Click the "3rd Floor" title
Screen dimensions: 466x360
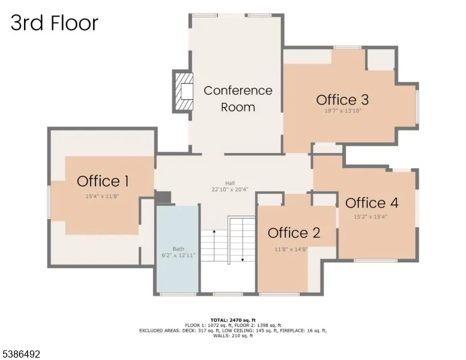[x=55, y=23]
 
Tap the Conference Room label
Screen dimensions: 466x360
[x=238, y=99]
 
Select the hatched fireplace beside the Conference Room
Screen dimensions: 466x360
[x=183, y=91]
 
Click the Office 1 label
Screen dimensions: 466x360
[x=103, y=181]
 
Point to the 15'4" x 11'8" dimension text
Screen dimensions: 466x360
[x=103, y=196]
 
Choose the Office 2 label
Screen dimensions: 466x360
[x=294, y=233]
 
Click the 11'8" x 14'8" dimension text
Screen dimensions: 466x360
[x=291, y=249]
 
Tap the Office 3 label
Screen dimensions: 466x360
[x=342, y=100]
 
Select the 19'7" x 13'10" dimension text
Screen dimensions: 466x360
[x=343, y=111]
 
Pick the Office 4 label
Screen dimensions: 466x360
[x=372, y=203]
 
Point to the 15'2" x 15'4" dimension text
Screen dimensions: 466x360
[x=371, y=217]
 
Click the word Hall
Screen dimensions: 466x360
[x=230, y=183]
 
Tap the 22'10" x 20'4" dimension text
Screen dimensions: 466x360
[x=230, y=189]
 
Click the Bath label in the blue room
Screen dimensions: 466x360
[x=178, y=249]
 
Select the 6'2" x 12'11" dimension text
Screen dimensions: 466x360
[x=178, y=255]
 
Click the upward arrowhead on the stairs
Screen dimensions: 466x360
[x=214, y=231]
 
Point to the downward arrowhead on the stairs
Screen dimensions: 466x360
[x=243, y=260]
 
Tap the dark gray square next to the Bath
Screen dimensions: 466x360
[x=163, y=197]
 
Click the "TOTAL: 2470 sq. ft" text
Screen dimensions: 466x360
[x=233, y=320]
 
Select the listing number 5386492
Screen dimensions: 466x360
[x=21, y=354]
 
